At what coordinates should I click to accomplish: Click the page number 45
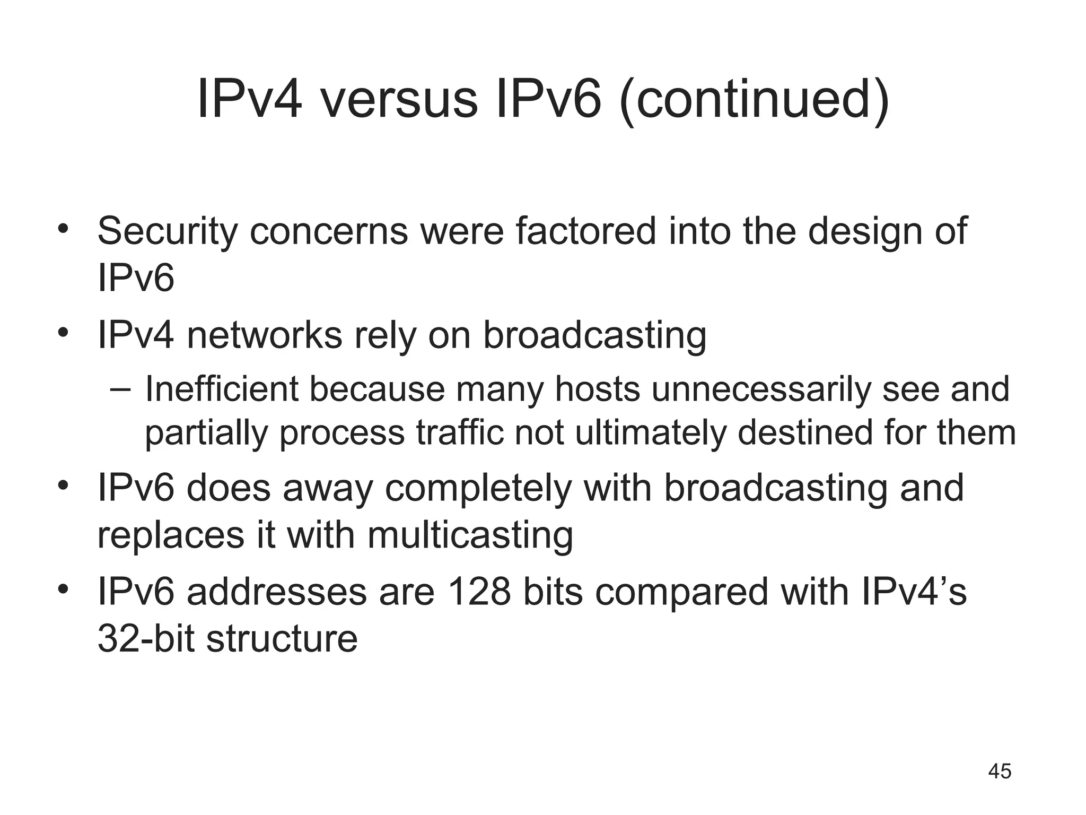(x=1000, y=771)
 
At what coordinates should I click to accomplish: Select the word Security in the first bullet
(x=167, y=231)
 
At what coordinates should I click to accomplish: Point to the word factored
(x=585, y=231)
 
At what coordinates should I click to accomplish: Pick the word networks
(x=265, y=335)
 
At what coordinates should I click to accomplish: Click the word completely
(x=478, y=489)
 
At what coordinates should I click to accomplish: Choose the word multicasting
(x=470, y=535)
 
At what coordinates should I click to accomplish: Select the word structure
(x=282, y=638)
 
